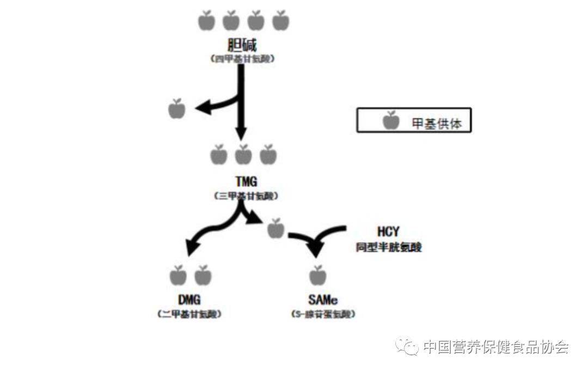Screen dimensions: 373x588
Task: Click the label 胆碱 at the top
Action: tap(243, 45)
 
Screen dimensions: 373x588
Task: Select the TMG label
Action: tap(243, 182)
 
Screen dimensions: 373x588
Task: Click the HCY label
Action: tap(388, 233)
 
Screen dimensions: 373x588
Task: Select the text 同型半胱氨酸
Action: tap(389, 247)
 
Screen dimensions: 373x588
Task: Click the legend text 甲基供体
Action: tap(437, 124)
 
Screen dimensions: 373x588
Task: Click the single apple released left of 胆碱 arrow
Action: tap(177, 109)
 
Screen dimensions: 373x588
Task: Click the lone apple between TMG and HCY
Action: tap(276, 229)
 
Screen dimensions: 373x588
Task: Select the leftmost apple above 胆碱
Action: tap(206, 21)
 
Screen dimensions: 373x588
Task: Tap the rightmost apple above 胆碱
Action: tap(281, 21)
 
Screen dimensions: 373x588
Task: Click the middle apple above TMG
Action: tap(243, 155)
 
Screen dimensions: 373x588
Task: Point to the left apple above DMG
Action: tap(177, 276)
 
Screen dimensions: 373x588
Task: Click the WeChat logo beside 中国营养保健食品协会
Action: tap(407, 347)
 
